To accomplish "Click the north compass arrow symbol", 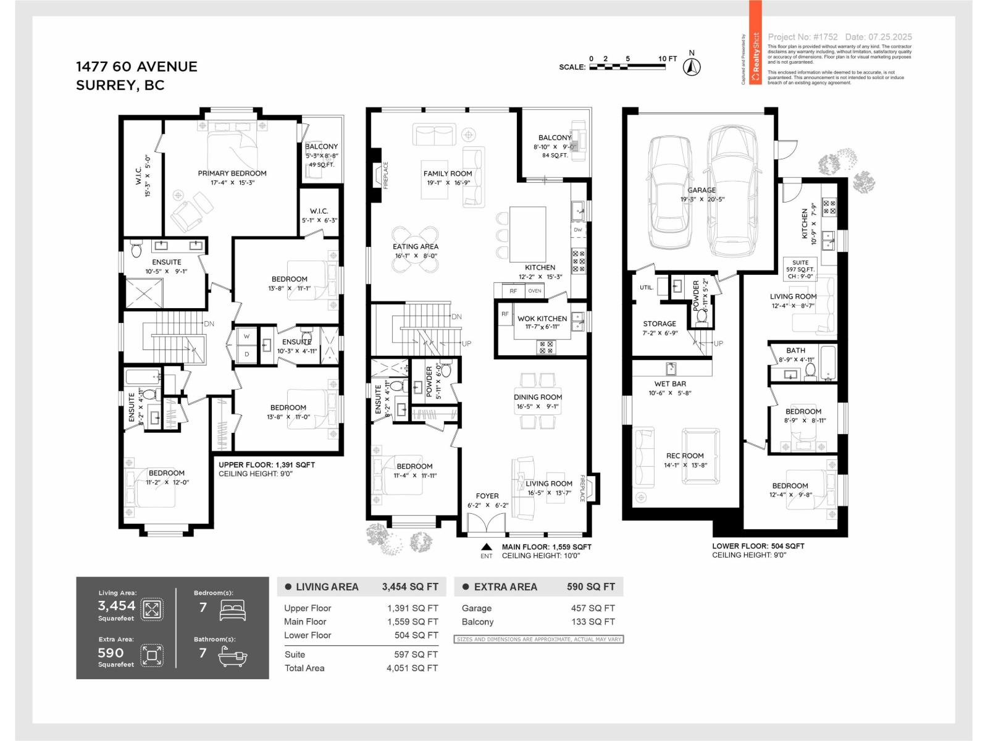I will point(692,65).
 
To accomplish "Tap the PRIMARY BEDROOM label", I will point(232,174).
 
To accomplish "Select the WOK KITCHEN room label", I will point(542,319).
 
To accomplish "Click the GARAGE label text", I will point(702,190).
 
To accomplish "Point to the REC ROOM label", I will point(685,456).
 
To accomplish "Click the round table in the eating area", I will point(416,249).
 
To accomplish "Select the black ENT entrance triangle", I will point(487,546).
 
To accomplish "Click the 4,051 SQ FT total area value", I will point(412,668).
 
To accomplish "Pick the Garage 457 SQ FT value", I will point(593,608).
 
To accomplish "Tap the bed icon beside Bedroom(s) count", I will point(233,610).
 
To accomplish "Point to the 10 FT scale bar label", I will point(668,59).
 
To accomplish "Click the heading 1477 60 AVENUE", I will point(136,67).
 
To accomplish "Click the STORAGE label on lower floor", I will point(659,324).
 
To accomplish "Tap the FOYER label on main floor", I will point(487,496).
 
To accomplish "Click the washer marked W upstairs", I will point(247,337).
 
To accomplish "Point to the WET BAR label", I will point(670,383).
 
